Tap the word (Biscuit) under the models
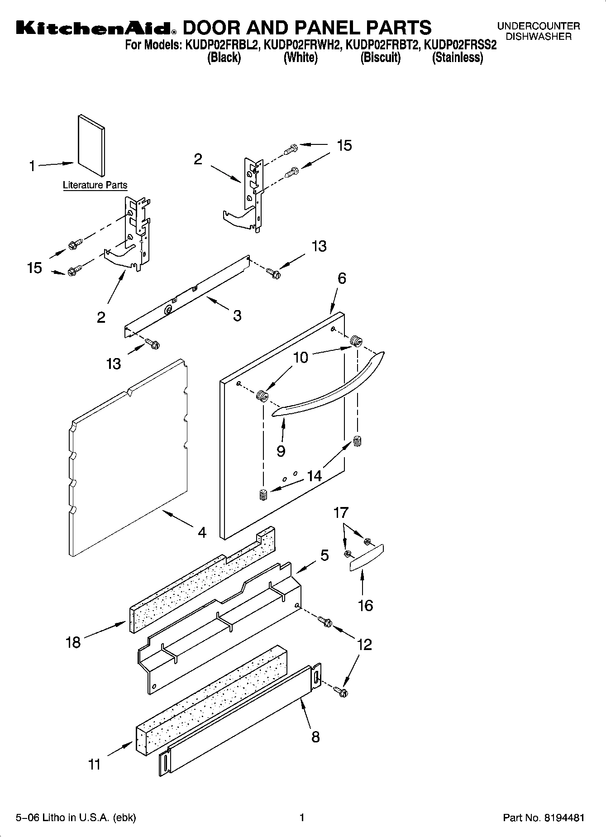[380, 58]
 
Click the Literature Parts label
[95, 185]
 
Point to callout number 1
[32, 167]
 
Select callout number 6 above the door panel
[342, 278]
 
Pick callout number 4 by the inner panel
[202, 532]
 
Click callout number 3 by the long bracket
[237, 316]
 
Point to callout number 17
[341, 512]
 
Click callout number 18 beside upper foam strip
[73, 642]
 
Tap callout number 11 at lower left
[94, 764]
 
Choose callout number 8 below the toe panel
[315, 737]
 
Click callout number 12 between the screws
[364, 644]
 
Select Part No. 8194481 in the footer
[544, 818]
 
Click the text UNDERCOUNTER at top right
[539, 26]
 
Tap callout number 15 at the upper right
[344, 145]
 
